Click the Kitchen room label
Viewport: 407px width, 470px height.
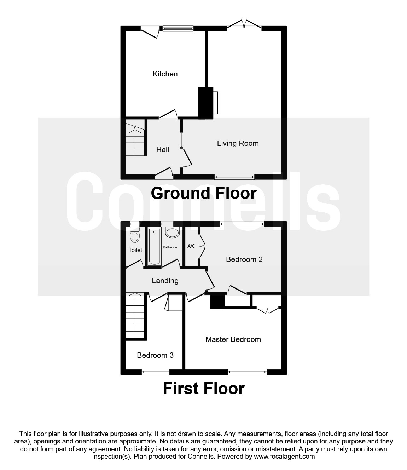click(165, 74)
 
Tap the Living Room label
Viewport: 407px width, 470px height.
click(238, 143)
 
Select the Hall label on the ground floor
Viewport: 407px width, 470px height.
click(163, 150)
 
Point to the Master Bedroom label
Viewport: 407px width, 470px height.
click(233, 339)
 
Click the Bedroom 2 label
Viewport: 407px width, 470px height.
click(244, 259)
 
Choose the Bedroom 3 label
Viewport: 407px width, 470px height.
click(155, 355)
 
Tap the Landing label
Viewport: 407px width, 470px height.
click(165, 281)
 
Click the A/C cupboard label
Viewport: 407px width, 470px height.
click(191, 246)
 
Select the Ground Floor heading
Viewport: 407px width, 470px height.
click(204, 193)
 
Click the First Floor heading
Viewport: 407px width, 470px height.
click(204, 389)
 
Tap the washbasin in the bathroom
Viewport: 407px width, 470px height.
click(173, 233)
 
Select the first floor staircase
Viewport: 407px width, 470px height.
click(135, 316)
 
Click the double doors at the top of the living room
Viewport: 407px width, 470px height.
click(244, 25)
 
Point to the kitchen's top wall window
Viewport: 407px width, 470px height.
click(178, 28)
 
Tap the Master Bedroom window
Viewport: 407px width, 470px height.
click(247, 372)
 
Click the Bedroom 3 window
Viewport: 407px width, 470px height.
click(156, 372)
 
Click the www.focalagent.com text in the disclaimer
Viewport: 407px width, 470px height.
click(284, 456)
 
